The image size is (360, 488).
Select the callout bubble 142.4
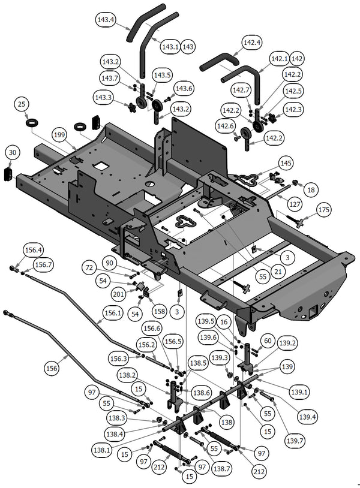pos(251,43)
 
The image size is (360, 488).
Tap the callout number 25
pos(22,104)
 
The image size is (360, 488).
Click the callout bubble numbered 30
pos(13,153)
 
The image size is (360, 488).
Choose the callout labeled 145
pos(286,164)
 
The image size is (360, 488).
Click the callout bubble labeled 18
pos(310,189)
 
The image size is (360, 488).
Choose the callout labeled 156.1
pos(112,312)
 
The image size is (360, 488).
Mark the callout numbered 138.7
pos(221,468)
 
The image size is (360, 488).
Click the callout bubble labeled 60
pos(267,341)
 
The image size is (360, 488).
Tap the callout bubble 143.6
pos(184,88)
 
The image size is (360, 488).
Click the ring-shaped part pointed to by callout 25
pos(33,123)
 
